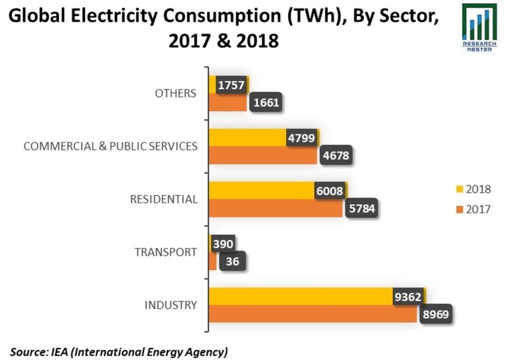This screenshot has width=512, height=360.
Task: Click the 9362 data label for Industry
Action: tap(408, 297)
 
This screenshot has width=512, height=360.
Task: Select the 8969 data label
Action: tap(435, 315)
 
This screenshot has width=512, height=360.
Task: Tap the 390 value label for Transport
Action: tap(222, 244)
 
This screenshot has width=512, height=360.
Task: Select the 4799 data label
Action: tap(301, 138)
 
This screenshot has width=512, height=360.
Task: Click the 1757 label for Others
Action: tap(231, 85)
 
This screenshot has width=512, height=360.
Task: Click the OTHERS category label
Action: tap(175, 93)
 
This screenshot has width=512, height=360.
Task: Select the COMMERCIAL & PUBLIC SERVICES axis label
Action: tap(110, 146)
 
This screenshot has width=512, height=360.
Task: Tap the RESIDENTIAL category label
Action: tap(163, 199)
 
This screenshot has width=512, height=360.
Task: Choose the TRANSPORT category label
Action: tap(166, 252)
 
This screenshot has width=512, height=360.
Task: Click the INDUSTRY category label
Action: tap(170, 305)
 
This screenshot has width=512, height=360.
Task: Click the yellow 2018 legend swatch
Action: tap(458, 189)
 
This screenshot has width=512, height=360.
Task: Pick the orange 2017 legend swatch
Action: tap(458, 209)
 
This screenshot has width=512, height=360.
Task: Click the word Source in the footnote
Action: tap(28, 351)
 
